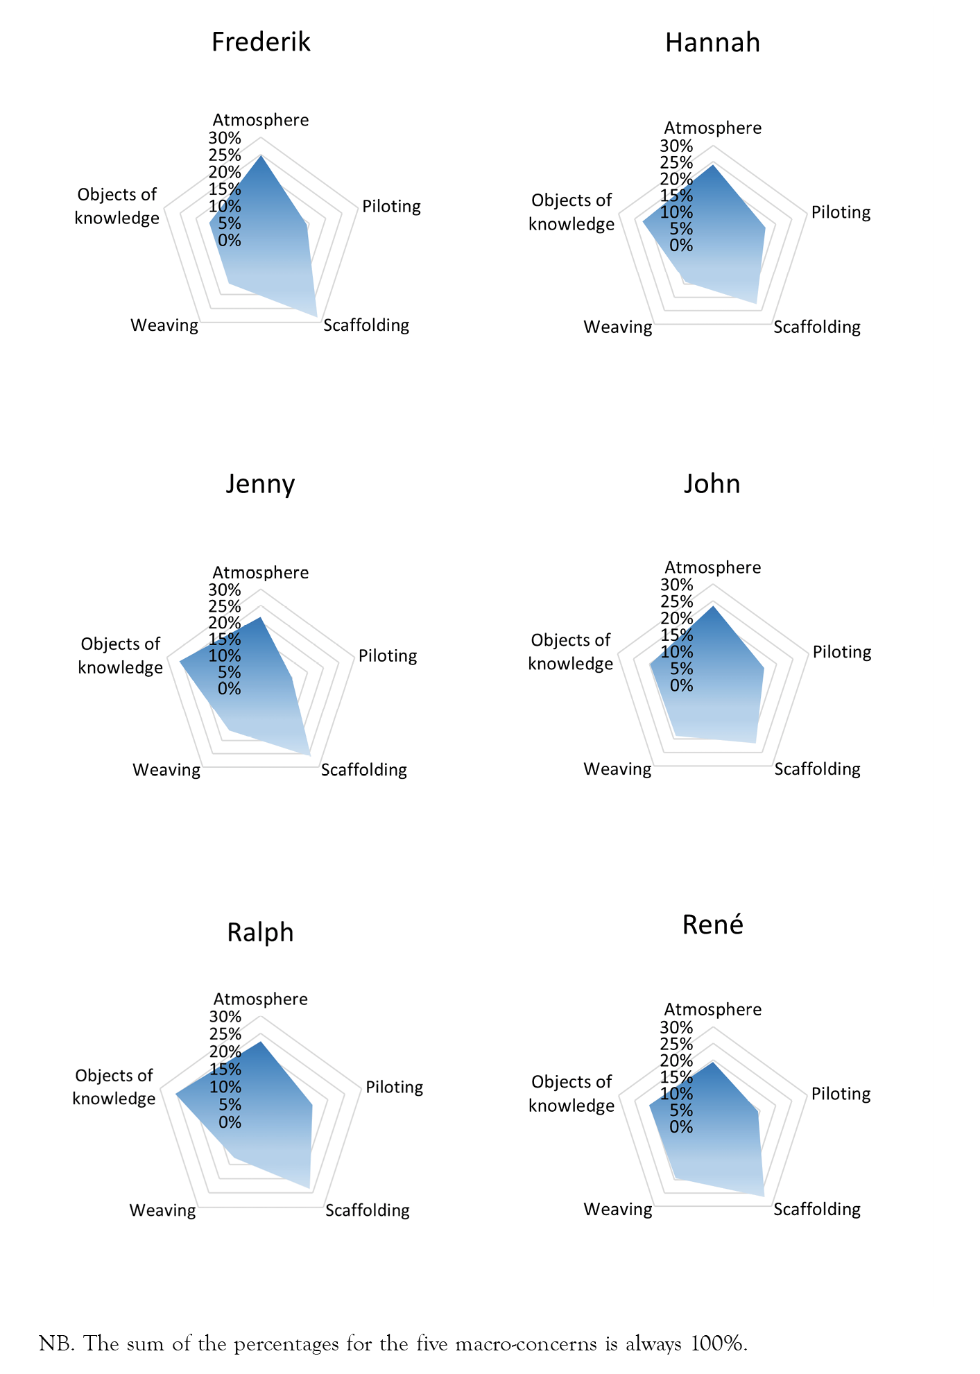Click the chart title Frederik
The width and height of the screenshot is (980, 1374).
(261, 42)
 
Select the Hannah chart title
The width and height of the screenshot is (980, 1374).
(712, 43)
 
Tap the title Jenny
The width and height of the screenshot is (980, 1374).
(260, 484)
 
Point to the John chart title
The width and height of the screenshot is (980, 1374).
(712, 483)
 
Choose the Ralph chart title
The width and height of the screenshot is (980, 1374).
(260, 932)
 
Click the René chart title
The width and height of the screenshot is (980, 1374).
(712, 925)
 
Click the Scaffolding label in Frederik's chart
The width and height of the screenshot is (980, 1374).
(366, 325)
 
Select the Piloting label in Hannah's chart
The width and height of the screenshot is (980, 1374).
(841, 212)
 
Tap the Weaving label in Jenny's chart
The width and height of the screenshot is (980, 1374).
(166, 770)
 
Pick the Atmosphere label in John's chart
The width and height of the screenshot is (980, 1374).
(712, 567)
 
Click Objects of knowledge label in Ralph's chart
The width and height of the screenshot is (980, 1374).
(114, 1087)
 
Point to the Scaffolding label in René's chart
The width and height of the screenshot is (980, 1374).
(817, 1210)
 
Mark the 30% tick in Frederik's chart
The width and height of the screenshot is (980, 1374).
(225, 137)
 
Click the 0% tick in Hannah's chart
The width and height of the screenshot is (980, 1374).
(681, 246)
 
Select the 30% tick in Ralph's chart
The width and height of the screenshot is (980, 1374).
(225, 1017)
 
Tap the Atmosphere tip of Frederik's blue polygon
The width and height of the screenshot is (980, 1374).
(261, 156)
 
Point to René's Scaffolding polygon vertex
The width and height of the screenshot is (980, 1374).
(764, 1196)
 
